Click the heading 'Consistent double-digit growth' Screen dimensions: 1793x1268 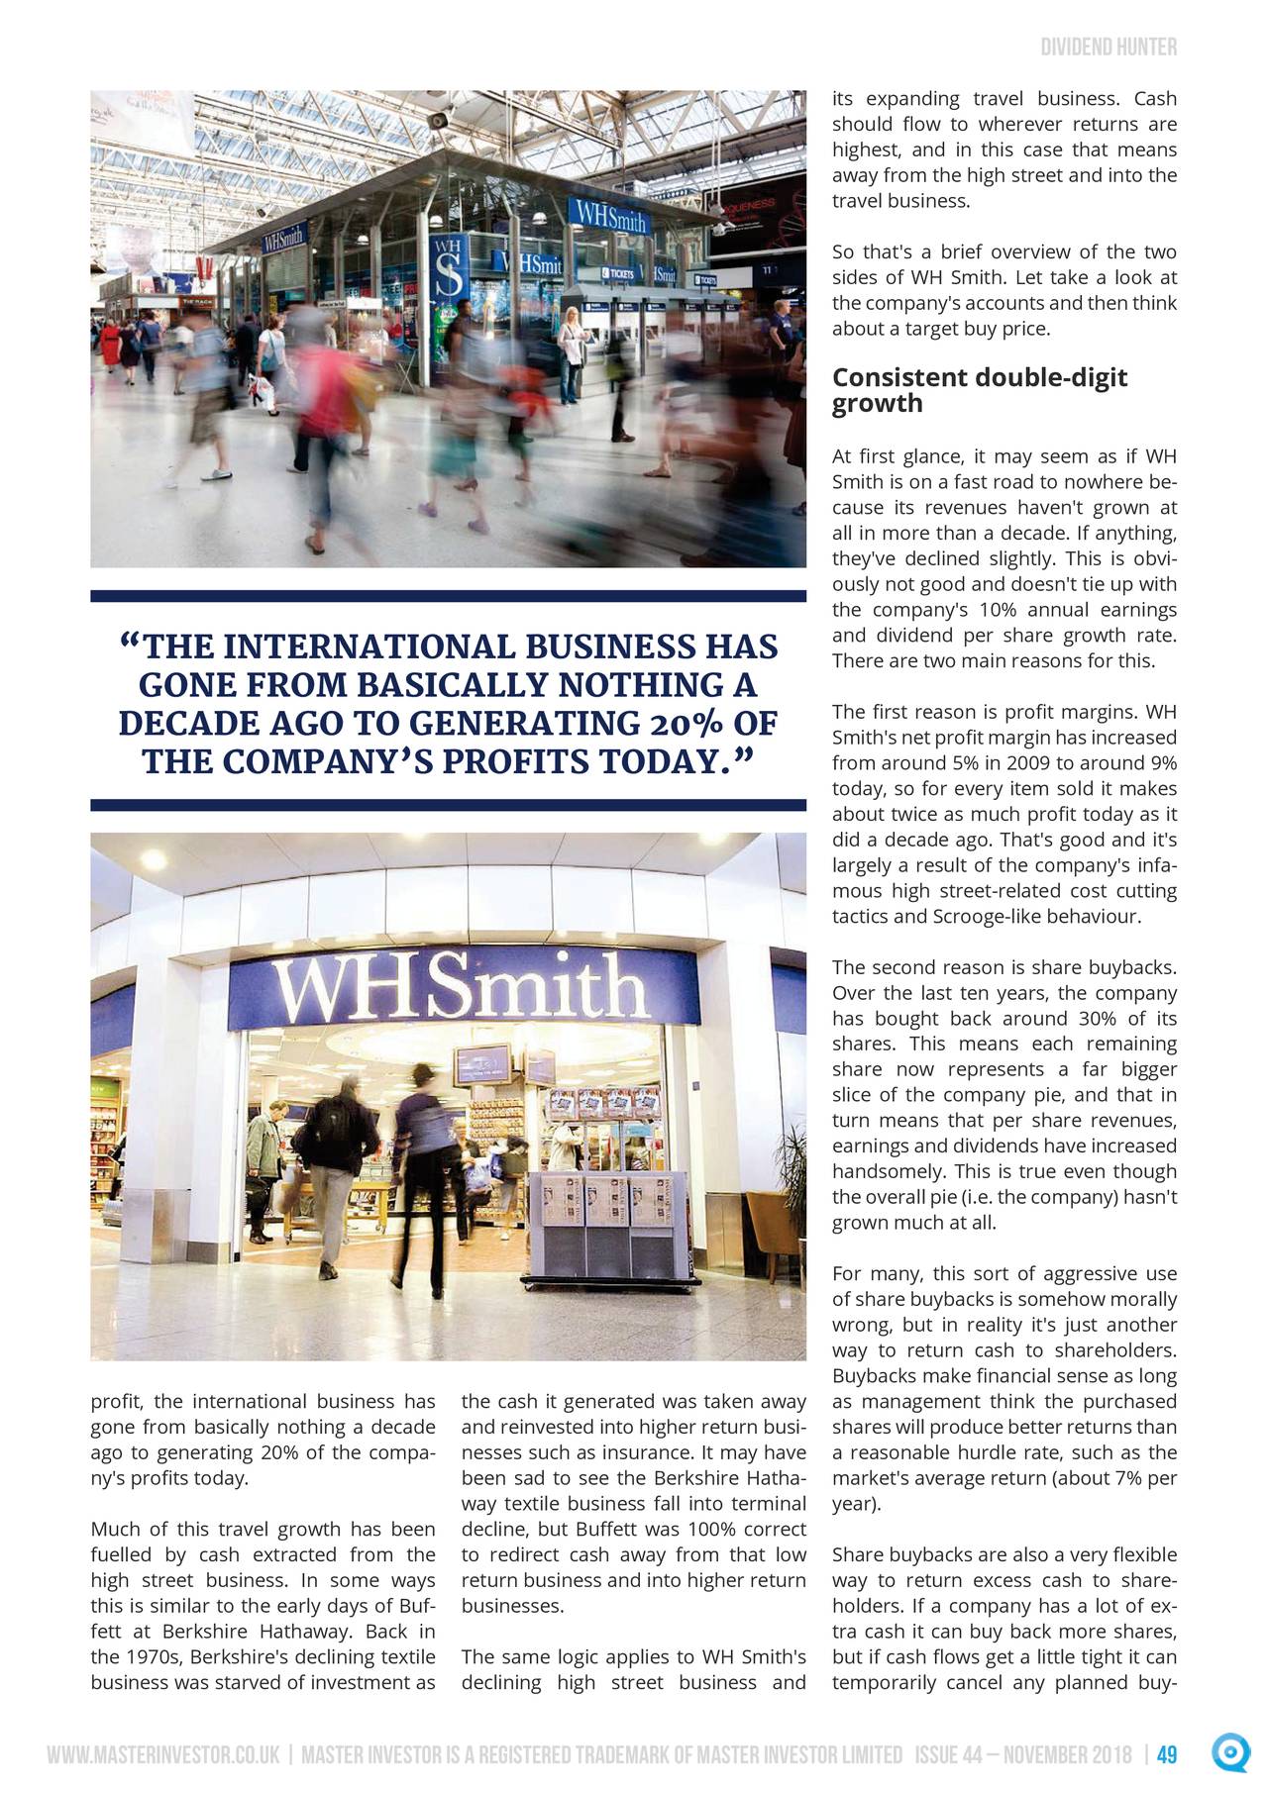coord(979,390)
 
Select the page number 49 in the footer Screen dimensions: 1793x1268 coord(1167,1756)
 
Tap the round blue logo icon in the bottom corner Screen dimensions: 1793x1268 coord(1229,1753)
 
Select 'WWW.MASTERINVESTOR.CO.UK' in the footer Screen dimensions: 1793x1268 coord(162,1756)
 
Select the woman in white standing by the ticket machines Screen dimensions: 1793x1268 coord(572,353)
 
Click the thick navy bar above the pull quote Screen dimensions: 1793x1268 coord(449,596)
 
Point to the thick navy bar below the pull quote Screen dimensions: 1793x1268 coord(449,805)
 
